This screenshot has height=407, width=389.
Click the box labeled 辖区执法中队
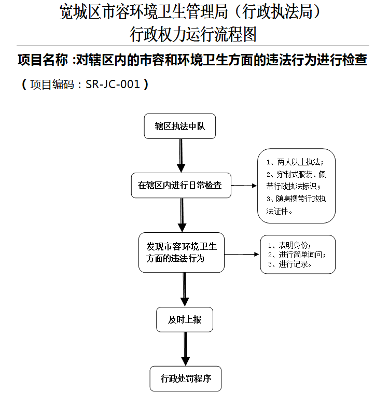(179, 126)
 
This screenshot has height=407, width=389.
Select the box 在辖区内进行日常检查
(181, 185)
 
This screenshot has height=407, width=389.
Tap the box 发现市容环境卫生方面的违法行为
(181, 252)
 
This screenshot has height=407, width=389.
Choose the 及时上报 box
(184, 319)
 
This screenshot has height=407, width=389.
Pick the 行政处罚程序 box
(185, 378)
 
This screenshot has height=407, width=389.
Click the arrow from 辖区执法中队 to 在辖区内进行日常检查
(180, 156)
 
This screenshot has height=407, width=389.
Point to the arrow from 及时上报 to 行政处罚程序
(185, 349)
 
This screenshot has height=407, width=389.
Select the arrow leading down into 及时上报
(185, 290)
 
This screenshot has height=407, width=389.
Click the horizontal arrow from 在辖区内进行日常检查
(244, 186)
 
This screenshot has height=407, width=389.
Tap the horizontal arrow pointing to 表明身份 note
(242, 255)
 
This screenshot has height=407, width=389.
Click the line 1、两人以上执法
(295, 162)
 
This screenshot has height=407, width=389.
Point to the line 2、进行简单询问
(297, 255)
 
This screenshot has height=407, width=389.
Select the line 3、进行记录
(290, 264)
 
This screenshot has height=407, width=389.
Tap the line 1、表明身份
(289, 245)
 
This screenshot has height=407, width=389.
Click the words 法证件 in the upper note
(277, 212)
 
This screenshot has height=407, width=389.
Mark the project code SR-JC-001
(113, 84)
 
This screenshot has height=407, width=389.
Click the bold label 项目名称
(43, 60)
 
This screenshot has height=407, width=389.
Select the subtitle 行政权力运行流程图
(193, 34)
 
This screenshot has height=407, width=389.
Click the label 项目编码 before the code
(52, 85)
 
